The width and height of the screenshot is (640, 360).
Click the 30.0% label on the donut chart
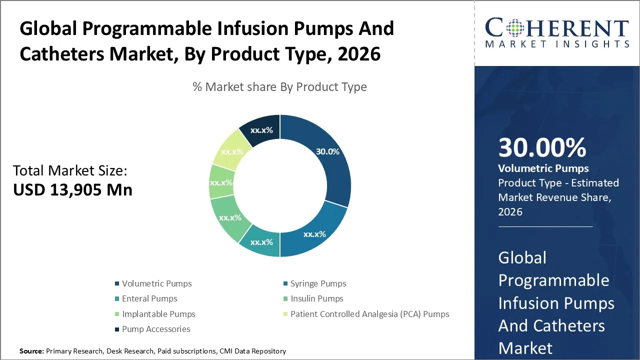point(327,151)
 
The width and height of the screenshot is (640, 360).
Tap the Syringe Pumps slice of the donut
point(314,233)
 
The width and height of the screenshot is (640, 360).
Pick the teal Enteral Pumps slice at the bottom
point(261,242)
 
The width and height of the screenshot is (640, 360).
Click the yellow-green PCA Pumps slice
point(231,151)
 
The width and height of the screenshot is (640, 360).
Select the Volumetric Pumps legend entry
point(156,283)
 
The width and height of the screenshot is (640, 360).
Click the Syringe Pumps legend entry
point(318,283)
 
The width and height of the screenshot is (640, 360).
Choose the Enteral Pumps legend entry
point(149,298)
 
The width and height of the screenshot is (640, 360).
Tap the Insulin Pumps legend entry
point(316,298)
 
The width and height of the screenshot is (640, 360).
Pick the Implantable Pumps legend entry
point(158,314)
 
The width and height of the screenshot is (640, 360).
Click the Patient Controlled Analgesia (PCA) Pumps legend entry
point(369,314)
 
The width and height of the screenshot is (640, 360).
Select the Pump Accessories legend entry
point(156,329)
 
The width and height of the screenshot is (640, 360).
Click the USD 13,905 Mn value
point(73,190)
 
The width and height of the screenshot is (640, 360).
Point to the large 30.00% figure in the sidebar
point(542,148)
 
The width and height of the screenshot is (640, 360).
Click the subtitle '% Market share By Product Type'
point(279,87)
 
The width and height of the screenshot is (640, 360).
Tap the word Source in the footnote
point(31,351)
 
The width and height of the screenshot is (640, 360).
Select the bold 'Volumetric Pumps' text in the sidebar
point(543,168)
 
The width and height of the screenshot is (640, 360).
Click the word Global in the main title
point(47,29)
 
